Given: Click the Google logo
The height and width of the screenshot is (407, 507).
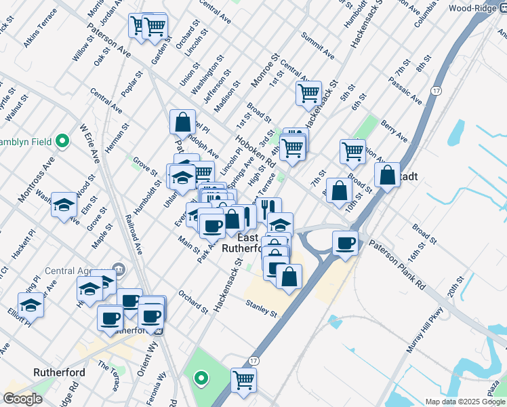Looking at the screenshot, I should tap(22, 399).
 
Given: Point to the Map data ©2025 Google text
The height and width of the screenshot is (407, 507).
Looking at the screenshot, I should tap(465, 402).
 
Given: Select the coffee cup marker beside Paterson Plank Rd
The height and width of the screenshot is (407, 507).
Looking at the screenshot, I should tap(346, 243).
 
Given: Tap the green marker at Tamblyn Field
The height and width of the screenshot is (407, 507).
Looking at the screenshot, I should tap(62, 141).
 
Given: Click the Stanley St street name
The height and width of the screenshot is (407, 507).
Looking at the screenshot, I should tap(262, 309).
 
